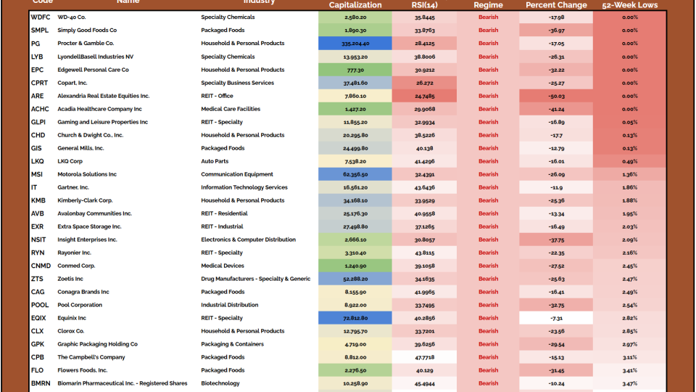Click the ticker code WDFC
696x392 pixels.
41,17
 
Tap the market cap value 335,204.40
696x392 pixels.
355,44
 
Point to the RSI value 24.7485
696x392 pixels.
424,96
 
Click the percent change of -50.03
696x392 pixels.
556,96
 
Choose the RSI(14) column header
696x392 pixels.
424,5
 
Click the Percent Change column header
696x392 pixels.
556,5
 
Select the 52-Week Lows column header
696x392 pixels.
629,5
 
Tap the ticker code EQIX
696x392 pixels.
39,318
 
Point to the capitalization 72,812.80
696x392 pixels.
355,318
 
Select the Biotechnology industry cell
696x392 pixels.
220,383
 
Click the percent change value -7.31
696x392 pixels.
556,318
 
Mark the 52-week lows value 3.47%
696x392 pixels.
629,383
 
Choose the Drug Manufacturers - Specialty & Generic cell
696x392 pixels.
255,279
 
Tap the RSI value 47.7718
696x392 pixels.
424,357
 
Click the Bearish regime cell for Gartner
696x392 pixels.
488,187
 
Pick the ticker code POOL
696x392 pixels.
39,305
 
